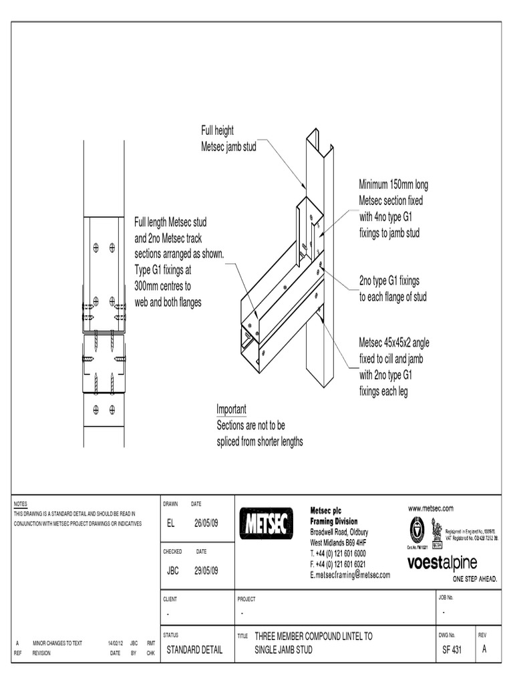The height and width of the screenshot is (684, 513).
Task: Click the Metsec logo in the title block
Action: click(x=265, y=524)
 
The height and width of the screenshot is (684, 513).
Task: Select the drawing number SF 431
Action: click(x=452, y=650)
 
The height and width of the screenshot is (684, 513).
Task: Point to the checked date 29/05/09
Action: click(x=206, y=570)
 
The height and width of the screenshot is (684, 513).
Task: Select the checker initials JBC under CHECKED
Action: click(x=173, y=570)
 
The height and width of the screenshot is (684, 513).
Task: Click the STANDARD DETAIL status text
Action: click(x=194, y=650)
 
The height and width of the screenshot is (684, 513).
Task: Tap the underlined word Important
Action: click(x=231, y=409)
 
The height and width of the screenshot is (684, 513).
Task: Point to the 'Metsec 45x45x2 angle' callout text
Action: click(x=394, y=343)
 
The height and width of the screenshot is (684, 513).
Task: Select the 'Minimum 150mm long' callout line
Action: click(x=393, y=184)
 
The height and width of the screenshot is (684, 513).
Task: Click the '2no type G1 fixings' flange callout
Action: click(x=389, y=281)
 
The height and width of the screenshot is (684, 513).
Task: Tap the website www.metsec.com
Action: click(x=431, y=508)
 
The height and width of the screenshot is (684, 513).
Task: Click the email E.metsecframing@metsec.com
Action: click(x=350, y=574)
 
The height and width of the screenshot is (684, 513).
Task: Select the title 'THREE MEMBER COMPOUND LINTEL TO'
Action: click(x=314, y=637)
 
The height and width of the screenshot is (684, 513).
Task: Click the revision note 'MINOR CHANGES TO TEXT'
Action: click(x=57, y=643)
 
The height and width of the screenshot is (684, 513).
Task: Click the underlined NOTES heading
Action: click(x=21, y=504)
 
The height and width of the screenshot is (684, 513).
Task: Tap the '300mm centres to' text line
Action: click(x=163, y=287)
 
